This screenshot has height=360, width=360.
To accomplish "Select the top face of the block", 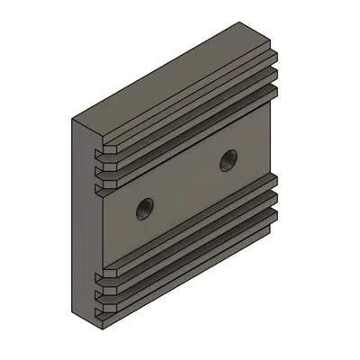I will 171,76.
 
